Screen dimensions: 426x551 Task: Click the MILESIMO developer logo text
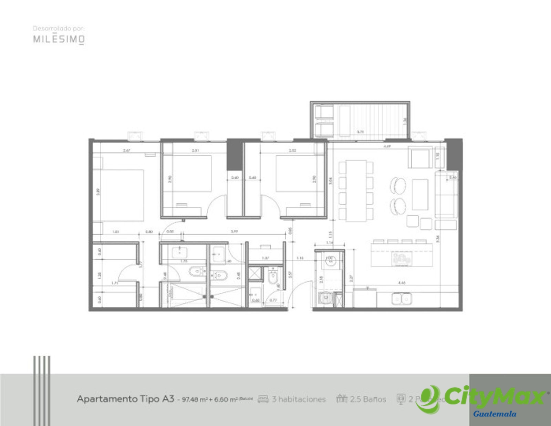click(59, 39)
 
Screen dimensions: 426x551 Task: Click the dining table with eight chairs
click(356, 190)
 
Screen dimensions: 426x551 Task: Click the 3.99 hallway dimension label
click(234, 232)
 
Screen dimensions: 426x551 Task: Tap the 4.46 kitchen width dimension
click(401, 283)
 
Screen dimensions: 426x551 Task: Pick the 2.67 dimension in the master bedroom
click(127, 150)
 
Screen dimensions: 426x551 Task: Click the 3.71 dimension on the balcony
click(360, 132)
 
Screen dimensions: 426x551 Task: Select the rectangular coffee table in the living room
click(420, 194)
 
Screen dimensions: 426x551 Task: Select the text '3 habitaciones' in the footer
click(299, 399)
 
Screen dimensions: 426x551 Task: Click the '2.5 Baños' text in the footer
click(368, 399)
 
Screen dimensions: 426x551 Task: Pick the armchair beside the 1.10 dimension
click(420, 157)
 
